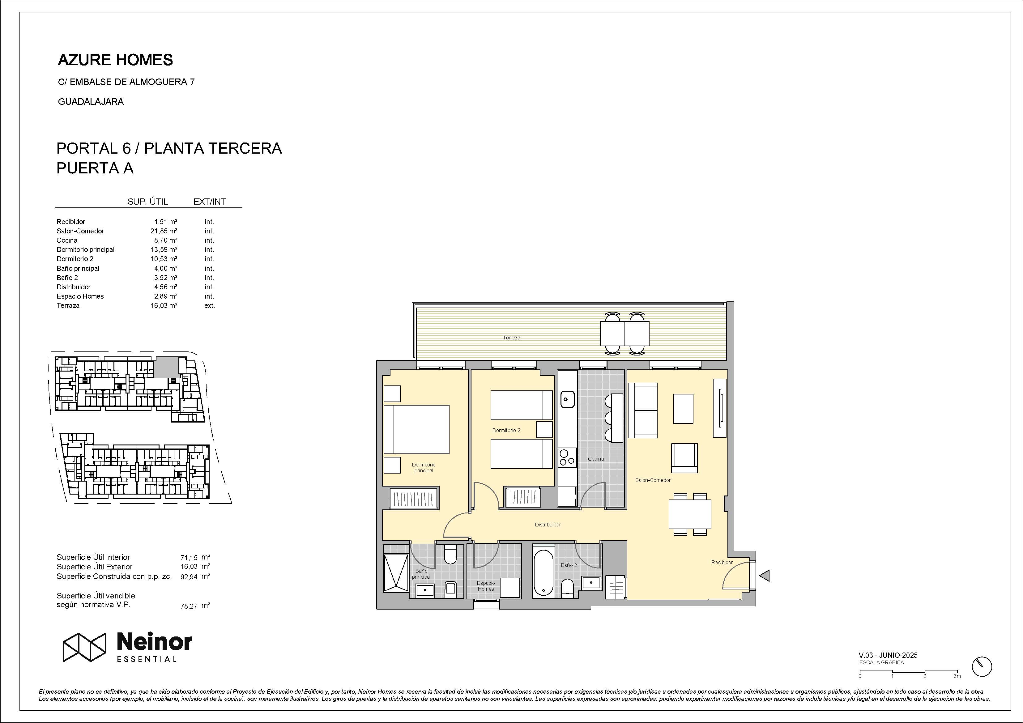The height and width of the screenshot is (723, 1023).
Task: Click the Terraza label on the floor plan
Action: (x=511, y=338)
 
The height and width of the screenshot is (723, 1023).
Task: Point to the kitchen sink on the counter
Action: (x=568, y=399)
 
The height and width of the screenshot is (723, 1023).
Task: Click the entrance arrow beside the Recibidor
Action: (x=764, y=576)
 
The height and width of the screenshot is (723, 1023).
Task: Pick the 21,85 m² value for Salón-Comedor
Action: (x=164, y=231)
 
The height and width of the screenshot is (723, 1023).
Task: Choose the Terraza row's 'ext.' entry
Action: (x=209, y=306)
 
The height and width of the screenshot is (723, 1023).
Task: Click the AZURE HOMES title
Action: (x=115, y=60)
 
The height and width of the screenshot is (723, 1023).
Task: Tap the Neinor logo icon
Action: (x=84, y=647)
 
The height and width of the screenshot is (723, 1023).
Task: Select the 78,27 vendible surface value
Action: (x=189, y=606)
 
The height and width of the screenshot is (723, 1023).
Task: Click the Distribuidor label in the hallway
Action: (x=548, y=525)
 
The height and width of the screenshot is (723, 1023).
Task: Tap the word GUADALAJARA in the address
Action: (x=91, y=102)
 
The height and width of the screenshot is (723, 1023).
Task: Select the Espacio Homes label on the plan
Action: (x=486, y=586)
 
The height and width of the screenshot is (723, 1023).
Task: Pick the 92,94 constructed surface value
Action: (x=189, y=577)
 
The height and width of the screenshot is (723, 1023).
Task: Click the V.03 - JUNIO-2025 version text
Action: (x=888, y=655)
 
